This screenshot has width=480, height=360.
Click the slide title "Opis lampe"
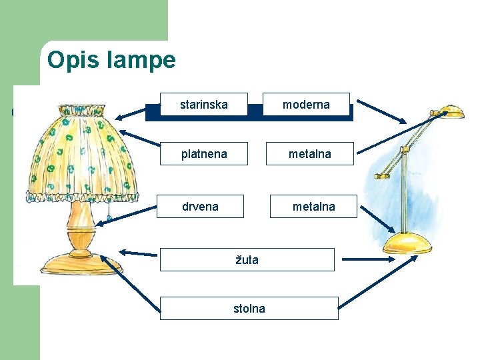tap(111, 61)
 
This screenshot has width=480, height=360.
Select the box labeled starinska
tap(203, 105)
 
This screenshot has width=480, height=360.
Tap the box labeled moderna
tap(306, 105)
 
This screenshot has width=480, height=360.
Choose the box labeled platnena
tap(204, 154)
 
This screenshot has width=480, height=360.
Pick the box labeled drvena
tap(200, 206)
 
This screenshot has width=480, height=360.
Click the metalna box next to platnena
tap(309, 154)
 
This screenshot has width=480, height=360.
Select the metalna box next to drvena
tap(313, 207)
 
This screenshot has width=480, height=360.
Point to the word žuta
tap(247, 259)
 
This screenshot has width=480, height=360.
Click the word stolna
tap(249, 308)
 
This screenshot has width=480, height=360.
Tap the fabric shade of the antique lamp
tap(80, 153)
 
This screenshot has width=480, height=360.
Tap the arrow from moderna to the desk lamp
tap(381, 111)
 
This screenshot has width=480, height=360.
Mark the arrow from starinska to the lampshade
tap(137, 111)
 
